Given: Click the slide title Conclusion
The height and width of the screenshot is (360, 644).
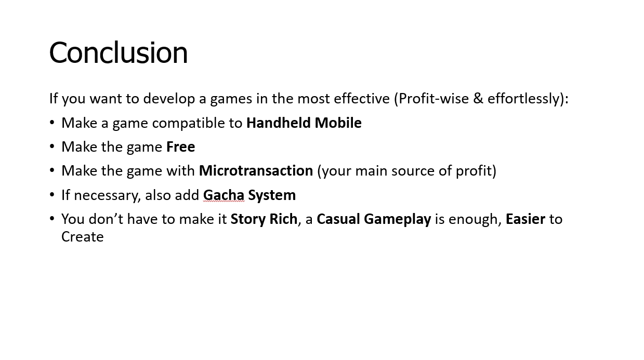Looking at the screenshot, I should coord(119,53).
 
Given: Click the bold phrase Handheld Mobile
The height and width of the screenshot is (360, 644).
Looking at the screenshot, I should coord(304,123).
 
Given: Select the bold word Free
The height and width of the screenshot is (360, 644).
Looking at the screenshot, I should coord(180,147).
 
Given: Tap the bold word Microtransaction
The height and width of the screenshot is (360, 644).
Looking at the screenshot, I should coord(256,171).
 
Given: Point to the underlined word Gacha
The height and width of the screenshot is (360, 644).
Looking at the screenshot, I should coord(224,195).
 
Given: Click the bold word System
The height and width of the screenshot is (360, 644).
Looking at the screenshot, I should coord(272,195).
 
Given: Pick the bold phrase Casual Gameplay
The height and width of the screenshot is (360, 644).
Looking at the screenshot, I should coord(373,219).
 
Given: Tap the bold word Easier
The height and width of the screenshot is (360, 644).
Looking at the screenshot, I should coord(525,219).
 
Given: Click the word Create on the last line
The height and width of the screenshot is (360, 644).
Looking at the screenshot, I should coord(83,237).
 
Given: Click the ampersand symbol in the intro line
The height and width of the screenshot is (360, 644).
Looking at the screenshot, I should coord(478,99).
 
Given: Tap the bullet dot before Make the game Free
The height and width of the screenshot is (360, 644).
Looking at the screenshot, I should coord(52,147).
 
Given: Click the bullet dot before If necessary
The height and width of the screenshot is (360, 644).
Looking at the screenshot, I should coord(52,195).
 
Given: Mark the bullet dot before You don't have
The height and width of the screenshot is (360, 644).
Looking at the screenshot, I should coord(52,219).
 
